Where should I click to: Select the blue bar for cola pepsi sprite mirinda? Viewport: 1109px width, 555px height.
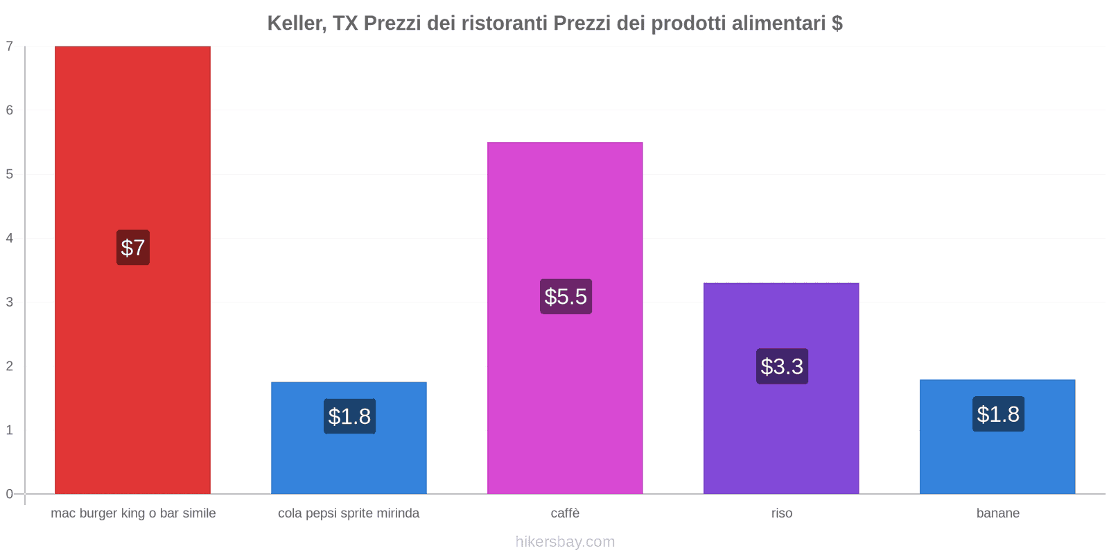coord(349,458)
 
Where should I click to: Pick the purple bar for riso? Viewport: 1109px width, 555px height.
coord(781,430)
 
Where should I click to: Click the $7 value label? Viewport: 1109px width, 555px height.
coord(133,248)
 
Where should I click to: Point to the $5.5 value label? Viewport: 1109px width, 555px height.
coord(566,296)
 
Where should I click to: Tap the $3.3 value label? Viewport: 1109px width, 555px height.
coord(782,366)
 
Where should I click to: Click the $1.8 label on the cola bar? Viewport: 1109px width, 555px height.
coord(349,416)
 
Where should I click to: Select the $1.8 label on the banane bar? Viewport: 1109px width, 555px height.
coord(998,414)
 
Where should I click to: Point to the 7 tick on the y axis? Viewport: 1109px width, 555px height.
coord(10,46)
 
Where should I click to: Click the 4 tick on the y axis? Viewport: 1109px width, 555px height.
coord(10,238)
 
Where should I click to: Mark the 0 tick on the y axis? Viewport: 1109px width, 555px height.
coord(10,494)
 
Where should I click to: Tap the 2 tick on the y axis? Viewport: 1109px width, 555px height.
coord(10,366)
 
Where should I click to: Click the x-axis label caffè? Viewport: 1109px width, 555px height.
coord(565,513)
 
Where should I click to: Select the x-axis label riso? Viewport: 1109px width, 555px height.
coord(781,513)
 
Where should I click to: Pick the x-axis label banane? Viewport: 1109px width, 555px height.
coord(997,513)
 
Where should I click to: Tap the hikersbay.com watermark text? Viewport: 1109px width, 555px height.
coord(565,542)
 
